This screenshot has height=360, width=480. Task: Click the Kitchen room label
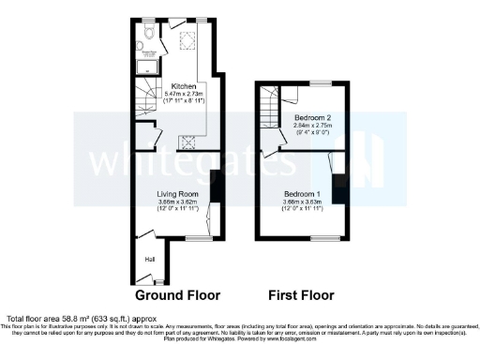point(183,86)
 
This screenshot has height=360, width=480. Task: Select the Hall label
point(148,260)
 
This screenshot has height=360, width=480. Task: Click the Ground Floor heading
point(177,294)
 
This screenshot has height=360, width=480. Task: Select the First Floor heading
point(301,294)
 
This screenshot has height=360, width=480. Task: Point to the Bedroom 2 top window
point(320,83)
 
